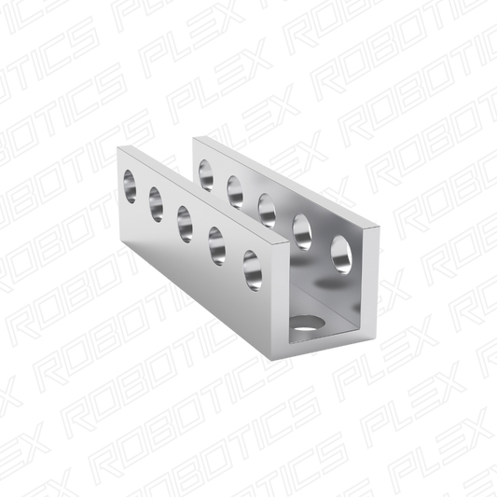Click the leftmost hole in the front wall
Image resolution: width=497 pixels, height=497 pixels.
(x=130, y=186)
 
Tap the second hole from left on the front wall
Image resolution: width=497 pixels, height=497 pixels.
(x=156, y=204)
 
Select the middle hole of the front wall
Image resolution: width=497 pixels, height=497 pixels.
(x=185, y=225)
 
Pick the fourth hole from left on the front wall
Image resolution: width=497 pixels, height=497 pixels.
(x=217, y=246)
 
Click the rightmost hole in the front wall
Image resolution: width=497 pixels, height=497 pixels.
(x=253, y=270)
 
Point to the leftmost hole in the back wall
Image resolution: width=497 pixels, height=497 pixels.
(x=206, y=175)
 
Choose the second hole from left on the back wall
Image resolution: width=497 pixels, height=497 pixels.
(x=235, y=192)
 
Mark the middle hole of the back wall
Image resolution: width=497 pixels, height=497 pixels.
(x=267, y=211)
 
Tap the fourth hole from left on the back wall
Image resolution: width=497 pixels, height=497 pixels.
(x=302, y=232)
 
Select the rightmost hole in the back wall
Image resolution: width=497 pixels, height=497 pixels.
(x=341, y=255)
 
